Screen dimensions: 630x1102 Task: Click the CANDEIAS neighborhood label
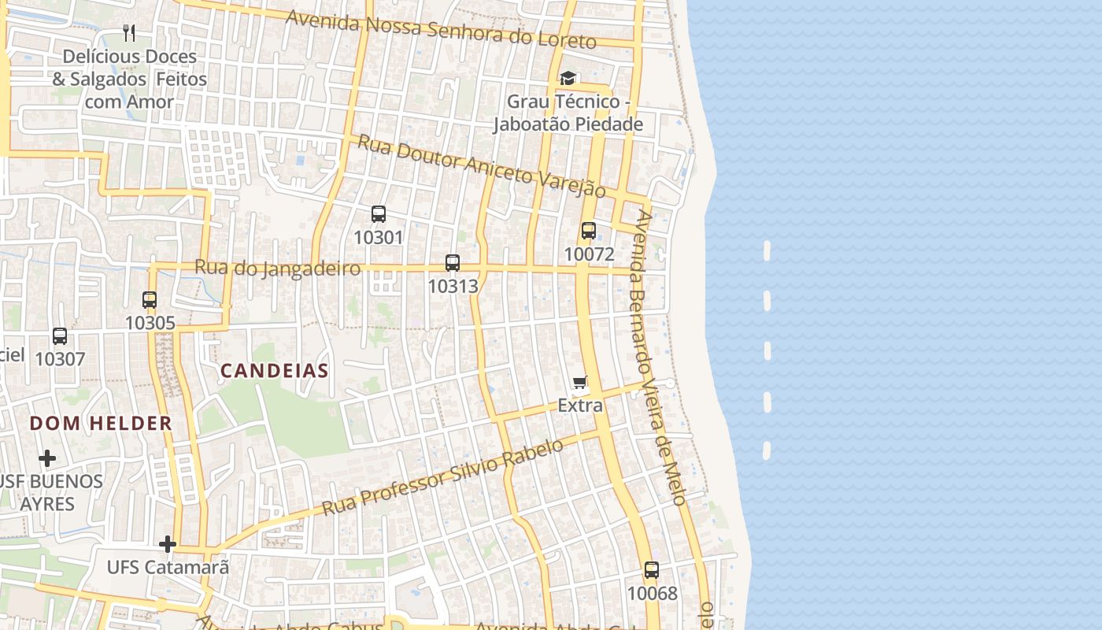pyautogui.click(x=274, y=371)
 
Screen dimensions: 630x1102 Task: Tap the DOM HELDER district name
pyautogui.click(x=101, y=424)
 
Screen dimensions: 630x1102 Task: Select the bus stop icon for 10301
pyautogui.click(x=379, y=214)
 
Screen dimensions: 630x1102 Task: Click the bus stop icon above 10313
pyautogui.click(x=453, y=263)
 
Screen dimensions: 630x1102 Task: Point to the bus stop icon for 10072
pyautogui.click(x=588, y=231)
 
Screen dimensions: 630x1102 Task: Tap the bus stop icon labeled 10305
pyautogui.click(x=150, y=300)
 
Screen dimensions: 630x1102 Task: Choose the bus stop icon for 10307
pyautogui.click(x=60, y=336)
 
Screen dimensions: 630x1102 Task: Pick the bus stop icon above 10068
pyautogui.click(x=652, y=570)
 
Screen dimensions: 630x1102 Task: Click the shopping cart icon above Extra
pyautogui.click(x=580, y=383)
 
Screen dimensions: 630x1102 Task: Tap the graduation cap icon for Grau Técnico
pyautogui.click(x=568, y=78)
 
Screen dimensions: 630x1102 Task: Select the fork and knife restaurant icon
pyautogui.click(x=130, y=33)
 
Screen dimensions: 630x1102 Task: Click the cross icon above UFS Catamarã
pyautogui.click(x=167, y=544)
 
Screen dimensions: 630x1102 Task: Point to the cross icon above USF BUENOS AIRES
pyautogui.click(x=47, y=458)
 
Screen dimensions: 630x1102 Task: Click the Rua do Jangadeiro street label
pyautogui.click(x=277, y=268)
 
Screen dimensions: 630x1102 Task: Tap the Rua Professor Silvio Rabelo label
pyautogui.click(x=443, y=477)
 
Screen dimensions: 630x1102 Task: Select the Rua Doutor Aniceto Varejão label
pyautogui.click(x=482, y=165)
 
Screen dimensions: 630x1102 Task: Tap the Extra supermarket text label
pyautogui.click(x=580, y=406)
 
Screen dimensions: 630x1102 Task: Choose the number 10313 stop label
pyautogui.click(x=453, y=286)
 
